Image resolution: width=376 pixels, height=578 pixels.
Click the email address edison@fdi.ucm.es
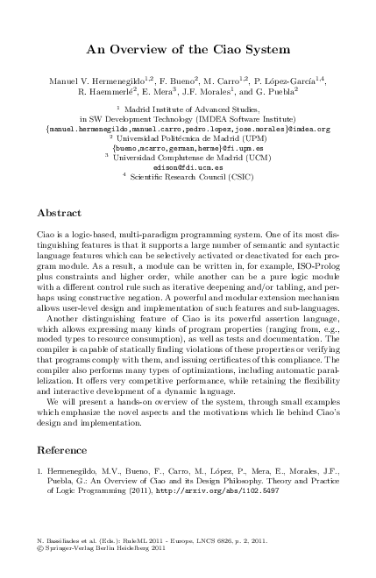click(x=188, y=165)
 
